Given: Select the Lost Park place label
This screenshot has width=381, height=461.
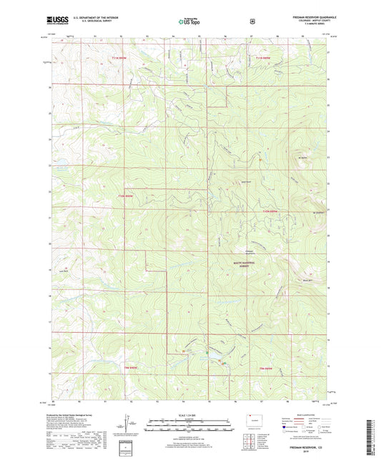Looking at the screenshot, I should point(64,271).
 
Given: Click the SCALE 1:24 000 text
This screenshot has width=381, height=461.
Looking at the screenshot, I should point(189,415).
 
